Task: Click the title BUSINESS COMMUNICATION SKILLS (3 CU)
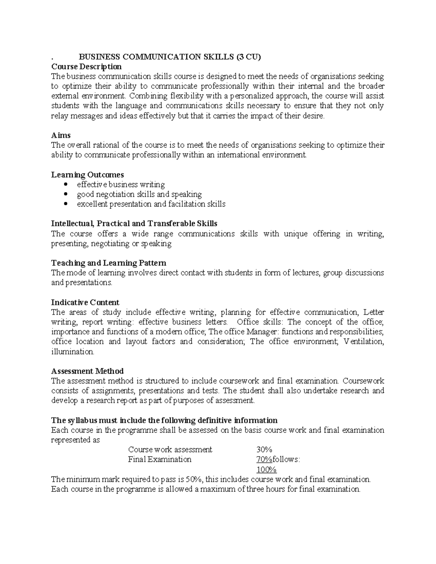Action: point(170,57)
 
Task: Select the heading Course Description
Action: point(86,66)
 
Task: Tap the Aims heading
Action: point(61,135)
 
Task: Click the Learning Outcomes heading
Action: point(88,175)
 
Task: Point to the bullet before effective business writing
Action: point(65,184)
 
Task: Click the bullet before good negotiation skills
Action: point(65,194)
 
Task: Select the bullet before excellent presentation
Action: point(65,204)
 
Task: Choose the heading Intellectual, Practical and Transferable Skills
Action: point(134,223)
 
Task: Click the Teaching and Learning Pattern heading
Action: point(109,263)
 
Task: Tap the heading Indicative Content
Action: point(85,302)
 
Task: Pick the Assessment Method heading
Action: point(87,371)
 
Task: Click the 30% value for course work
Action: point(264,450)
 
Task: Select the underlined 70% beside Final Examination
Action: point(264,459)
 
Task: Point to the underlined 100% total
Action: point(266,470)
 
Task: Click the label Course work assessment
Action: point(170,450)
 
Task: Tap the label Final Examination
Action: point(160,459)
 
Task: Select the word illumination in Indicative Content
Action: point(72,352)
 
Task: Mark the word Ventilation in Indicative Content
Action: point(363,341)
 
